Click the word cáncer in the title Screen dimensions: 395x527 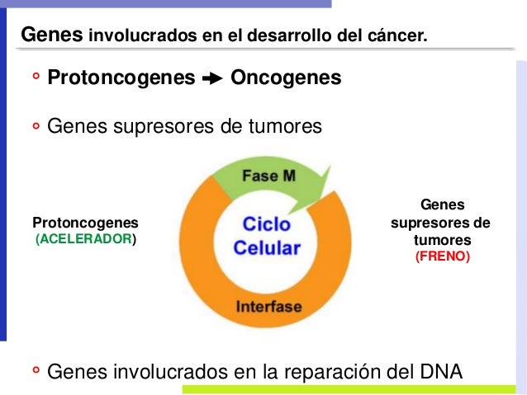coord(398,36)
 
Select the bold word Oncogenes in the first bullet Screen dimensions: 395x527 coord(286,78)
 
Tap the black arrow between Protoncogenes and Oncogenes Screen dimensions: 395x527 coord(212,79)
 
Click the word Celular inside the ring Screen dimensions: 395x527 coord(267,247)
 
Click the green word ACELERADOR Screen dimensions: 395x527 coord(83,239)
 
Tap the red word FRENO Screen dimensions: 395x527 coord(442,256)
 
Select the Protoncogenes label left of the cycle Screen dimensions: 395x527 coord(85,223)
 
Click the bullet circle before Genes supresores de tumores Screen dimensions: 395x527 coord(36,128)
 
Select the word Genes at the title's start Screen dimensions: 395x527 coord(52,35)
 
